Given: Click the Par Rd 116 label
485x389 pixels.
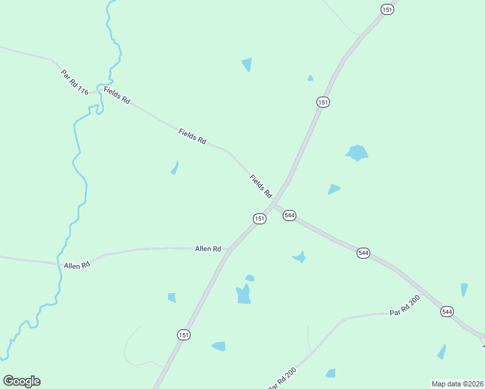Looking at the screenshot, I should [75, 82].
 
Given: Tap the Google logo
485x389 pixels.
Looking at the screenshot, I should [21, 381].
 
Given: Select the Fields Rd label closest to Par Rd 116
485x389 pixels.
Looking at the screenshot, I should [117, 97].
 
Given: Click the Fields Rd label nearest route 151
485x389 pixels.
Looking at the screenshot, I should [261, 185].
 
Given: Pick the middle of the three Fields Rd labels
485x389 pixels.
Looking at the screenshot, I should [192, 136].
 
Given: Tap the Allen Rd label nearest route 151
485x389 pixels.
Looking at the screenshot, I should [208, 249].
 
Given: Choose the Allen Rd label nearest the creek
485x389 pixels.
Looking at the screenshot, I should [77, 265].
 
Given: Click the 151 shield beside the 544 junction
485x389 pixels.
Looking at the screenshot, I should [259, 218].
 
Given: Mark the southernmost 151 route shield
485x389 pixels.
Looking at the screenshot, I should [184, 335].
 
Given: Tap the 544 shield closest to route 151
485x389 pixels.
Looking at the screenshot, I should [289, 215].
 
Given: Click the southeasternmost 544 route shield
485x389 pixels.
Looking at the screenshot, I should [447, 312].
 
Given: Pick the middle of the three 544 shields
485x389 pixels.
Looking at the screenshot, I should [363, 253].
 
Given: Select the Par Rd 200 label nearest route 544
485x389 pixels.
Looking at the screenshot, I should [405, 306].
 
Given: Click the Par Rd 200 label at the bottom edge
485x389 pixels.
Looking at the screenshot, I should [282, 378].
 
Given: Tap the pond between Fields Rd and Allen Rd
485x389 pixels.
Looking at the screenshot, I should [174, 168].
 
